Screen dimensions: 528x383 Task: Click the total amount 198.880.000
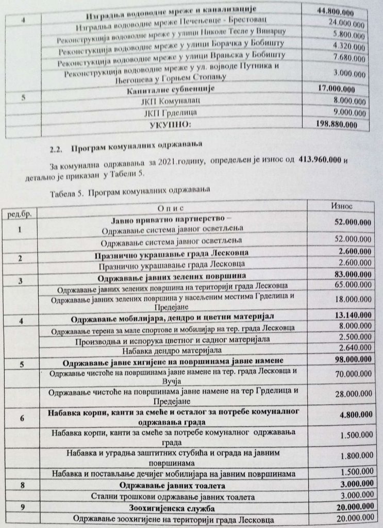point(337,124)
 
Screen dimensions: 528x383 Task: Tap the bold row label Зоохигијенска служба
point(171,508)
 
